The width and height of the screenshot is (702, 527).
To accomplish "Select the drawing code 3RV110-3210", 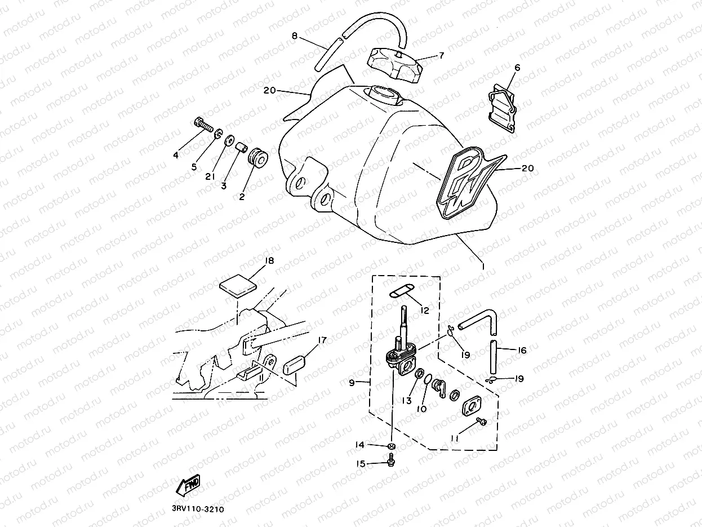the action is click(x=198, y=508).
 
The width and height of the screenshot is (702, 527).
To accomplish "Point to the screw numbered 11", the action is click(x=481, y=422).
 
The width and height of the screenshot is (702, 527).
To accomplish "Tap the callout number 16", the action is click(x=522, y=351).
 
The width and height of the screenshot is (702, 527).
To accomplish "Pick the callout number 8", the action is click(x=294, y=36).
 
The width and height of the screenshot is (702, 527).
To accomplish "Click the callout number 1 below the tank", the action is click(x=482, y=264).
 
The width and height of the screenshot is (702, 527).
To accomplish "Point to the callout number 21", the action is click(x=211, y=176).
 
